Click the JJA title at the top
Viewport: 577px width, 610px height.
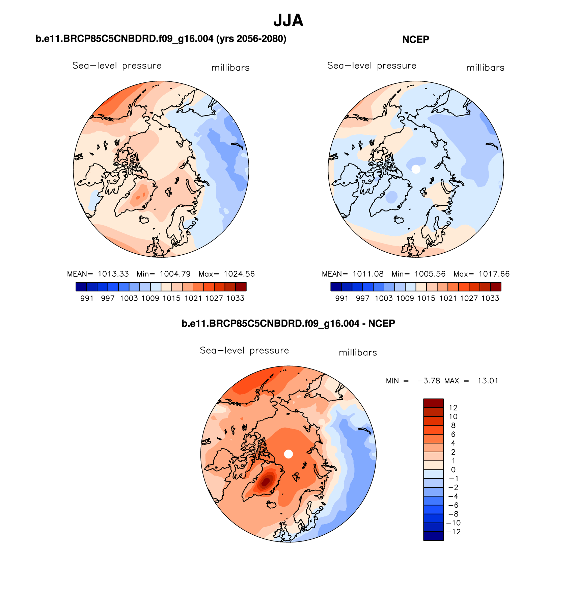click(x=288, y=21)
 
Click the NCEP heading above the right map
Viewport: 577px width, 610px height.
click(x=415, y=40)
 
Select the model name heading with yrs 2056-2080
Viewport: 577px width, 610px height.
click(x=161, y=39)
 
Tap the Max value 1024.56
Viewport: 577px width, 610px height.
click(x=239, y=274)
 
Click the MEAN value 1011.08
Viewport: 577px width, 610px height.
click(x=368, y=274)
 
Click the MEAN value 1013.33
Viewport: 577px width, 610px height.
click(x=113, y=274)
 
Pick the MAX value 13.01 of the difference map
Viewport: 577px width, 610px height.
click(x=488, y=381)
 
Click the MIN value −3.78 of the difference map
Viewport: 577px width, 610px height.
click(x=429, y=381)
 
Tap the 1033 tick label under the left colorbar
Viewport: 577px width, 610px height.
click(x=235, y=298)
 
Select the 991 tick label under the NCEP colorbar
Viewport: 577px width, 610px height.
click(x=341, y=298)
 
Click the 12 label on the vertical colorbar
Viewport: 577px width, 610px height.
click(x=453, y=408)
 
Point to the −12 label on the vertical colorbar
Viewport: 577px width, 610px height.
click(x=453, y=532)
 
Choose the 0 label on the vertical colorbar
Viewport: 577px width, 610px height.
click(x=453, y=469)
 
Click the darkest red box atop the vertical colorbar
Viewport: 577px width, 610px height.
click(x=433, y=403)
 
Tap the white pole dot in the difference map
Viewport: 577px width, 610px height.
click(x=288, y=454)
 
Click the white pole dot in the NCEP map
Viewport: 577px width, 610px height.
click(x=416, y=169)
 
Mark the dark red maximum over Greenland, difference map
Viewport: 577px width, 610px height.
click(x=266, y=481)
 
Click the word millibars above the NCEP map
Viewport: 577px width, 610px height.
click(x=485, y=68)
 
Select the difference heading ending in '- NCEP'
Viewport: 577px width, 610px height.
click(x=288, y=324)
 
